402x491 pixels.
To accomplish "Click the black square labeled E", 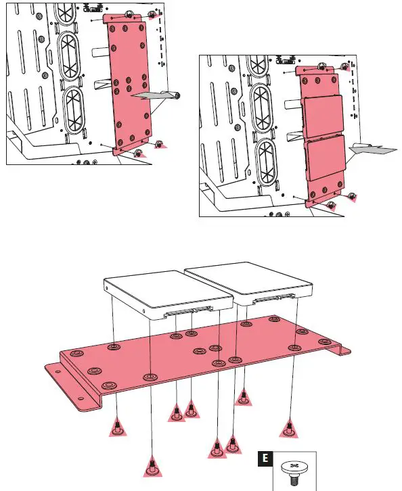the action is point(265,459).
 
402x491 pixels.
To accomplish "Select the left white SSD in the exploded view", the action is point(169,294).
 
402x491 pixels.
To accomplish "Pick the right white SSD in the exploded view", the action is point(249,283).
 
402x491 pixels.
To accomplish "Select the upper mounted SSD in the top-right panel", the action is point(323,116).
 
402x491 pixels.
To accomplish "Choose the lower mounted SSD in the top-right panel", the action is point(326,158).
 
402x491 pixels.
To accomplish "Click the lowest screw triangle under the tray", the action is point(152,467).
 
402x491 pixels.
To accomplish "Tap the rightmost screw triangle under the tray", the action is point(289,428).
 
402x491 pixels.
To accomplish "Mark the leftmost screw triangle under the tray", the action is point(118,427).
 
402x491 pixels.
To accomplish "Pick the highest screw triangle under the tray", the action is point(244,398).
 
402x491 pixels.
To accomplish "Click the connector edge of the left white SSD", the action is point(188,312).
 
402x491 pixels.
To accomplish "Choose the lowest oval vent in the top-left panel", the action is point(74,109).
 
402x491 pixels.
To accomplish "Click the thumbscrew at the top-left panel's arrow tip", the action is point(177,96).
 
